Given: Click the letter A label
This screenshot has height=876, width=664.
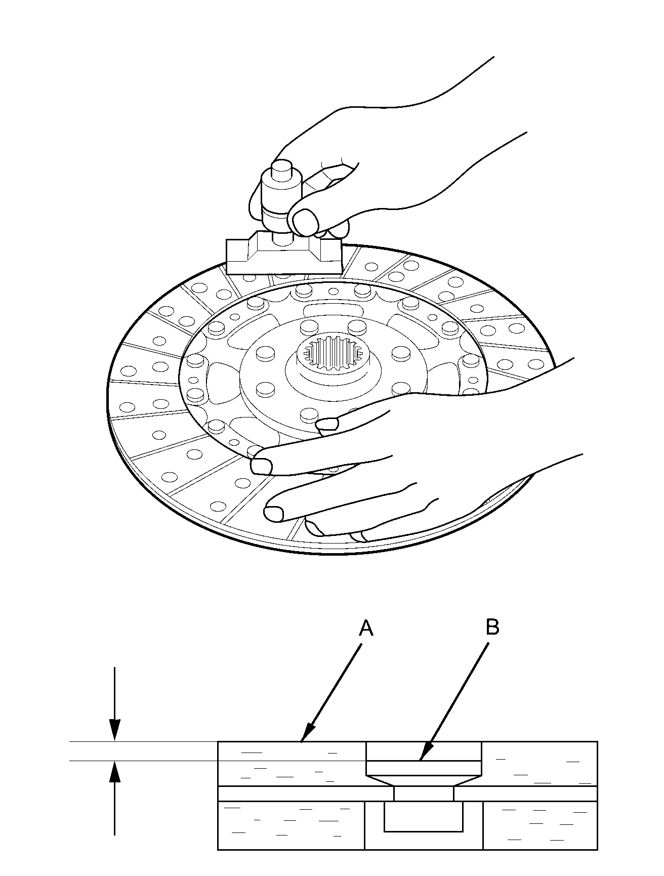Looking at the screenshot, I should point(366,629).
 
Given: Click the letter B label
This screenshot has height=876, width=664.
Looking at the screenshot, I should point(492,627).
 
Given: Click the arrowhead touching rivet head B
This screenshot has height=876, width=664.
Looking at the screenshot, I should point(424,756).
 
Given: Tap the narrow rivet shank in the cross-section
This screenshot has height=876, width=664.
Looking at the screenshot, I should point(424,794).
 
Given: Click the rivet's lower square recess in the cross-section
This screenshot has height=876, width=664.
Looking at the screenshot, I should point(424,816).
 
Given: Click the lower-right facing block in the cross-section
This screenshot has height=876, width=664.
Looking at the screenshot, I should point(540,825).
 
